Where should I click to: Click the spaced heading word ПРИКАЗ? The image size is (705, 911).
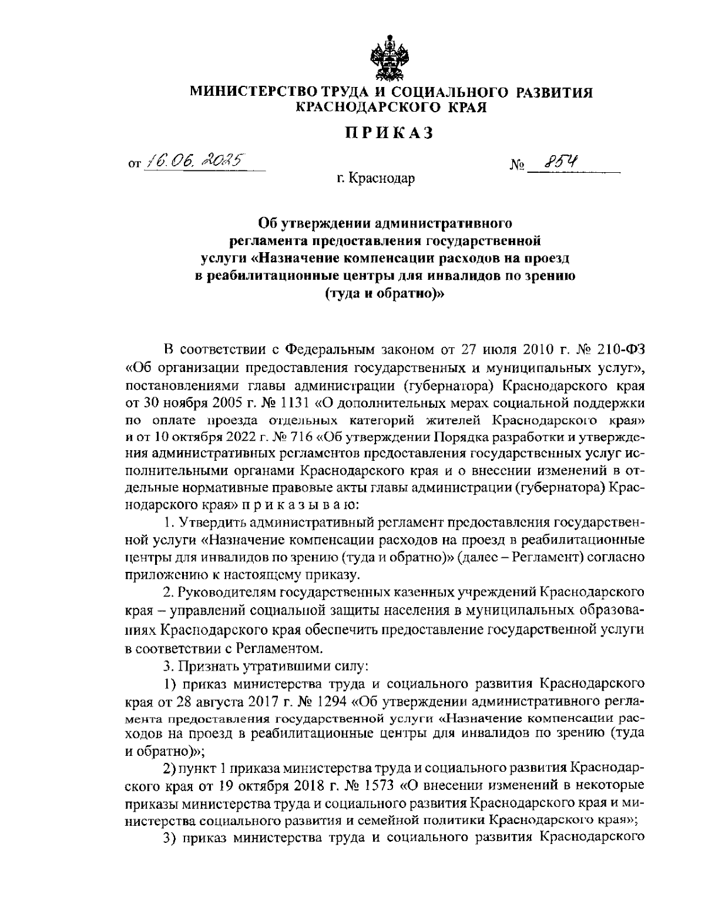point(389,133)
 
